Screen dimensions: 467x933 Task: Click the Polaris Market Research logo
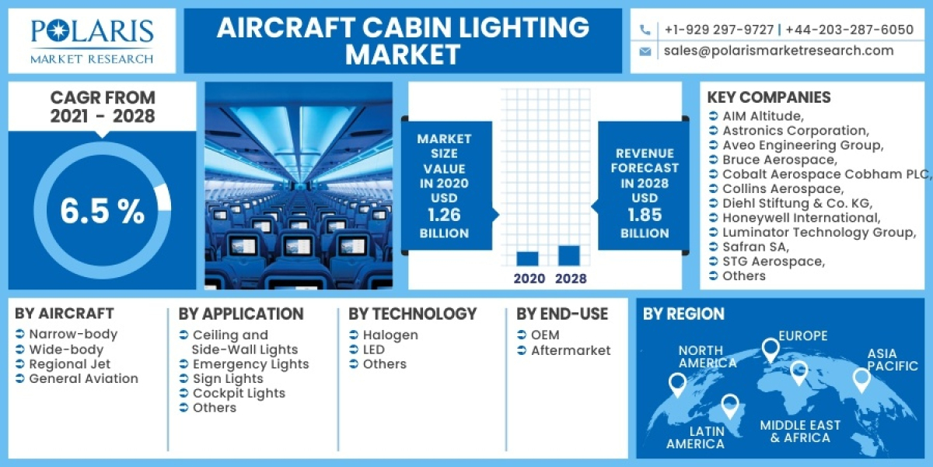click(x=92, y=40)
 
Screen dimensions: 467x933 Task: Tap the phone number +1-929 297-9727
click(x=718, y=30)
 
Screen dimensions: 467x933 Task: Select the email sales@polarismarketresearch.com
click(x=778, y=51)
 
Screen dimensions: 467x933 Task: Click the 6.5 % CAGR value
click(x=102, y=212)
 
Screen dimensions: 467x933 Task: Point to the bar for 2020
click(x=527, y=259)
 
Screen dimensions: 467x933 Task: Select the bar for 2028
click(x=569, y=256)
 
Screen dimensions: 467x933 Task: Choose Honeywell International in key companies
click(x=801, y=218)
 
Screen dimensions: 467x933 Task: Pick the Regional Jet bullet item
click(x=69, y=364)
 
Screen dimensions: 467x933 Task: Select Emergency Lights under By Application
click(x=250, y=364)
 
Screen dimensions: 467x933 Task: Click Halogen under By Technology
click(x=390, y=335)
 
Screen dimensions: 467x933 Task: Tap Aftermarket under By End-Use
click(x=571, y=350)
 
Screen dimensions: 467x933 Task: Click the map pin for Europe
click(x=770, y=350)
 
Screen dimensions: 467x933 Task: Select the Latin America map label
click(x=695, y=437)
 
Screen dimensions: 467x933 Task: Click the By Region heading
click(x=683, y=314)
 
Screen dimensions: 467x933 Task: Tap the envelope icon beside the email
click(x=645, y=51)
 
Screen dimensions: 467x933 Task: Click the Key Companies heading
click(x=768, y=97)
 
